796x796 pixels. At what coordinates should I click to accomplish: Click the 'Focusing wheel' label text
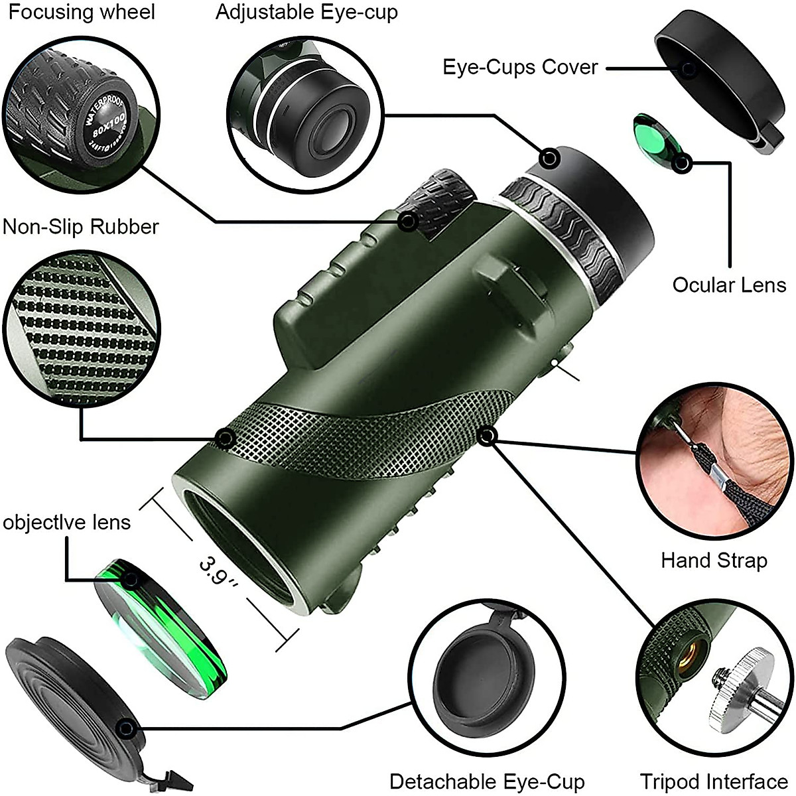pos(82,13)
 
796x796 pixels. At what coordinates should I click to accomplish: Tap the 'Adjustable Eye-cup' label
pos(306,13)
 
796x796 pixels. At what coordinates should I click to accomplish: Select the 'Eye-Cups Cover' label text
pos(520,67)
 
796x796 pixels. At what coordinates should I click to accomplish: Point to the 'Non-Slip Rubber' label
pos(81,227)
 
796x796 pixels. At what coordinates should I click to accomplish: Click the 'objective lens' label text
pos(66,522)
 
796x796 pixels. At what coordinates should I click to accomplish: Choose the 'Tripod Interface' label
pos(713,781)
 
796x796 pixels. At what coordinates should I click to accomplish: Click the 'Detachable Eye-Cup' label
pos(487,781)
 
